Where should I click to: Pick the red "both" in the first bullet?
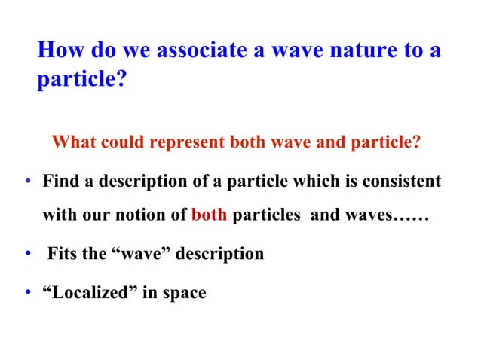(210, 217)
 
